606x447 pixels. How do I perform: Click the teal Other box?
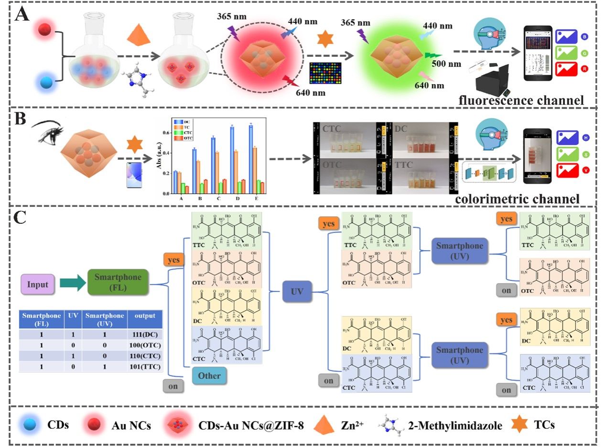click(x=209, y=375)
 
